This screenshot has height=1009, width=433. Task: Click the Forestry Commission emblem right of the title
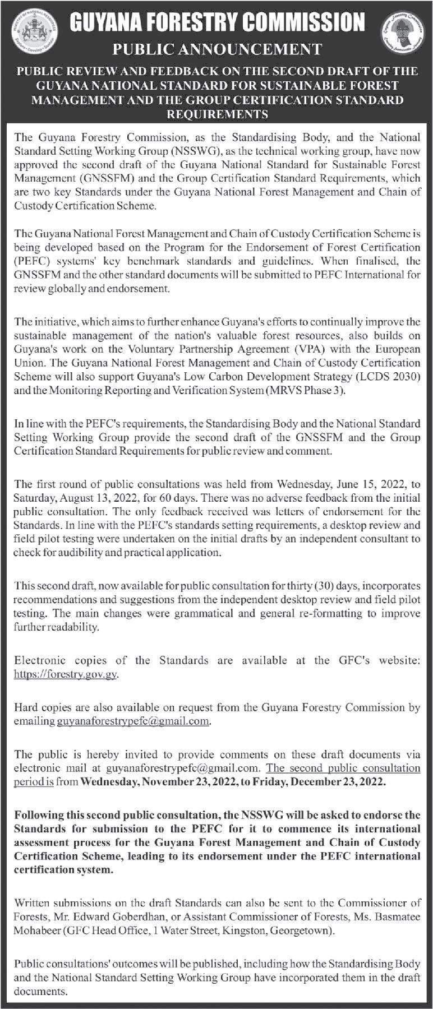[402, 34]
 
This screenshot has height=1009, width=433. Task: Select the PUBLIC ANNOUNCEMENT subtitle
[217, 49]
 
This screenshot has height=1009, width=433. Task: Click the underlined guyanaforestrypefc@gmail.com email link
[133, 721]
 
